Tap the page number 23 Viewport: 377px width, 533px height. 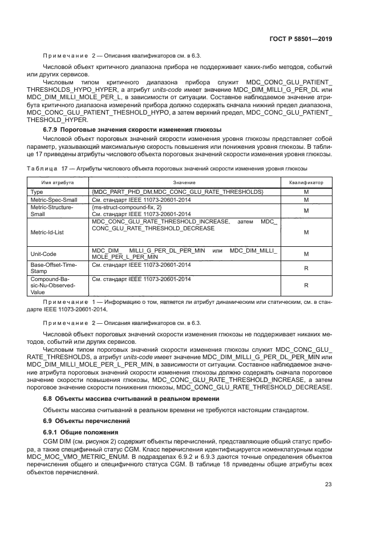coord(328,485)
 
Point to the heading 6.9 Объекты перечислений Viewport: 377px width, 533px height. coord(80,421)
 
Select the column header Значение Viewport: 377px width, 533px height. coord(184,182)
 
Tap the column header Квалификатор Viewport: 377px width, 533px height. coord(306,182)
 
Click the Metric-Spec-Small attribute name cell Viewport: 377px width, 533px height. coord(54,200)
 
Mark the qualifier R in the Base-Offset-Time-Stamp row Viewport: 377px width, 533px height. coord(306,267)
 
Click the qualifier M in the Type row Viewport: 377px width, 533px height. coord(306,192)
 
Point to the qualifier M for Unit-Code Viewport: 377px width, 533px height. coord(306,254)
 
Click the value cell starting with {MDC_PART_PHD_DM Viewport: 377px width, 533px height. coord(177,192)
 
